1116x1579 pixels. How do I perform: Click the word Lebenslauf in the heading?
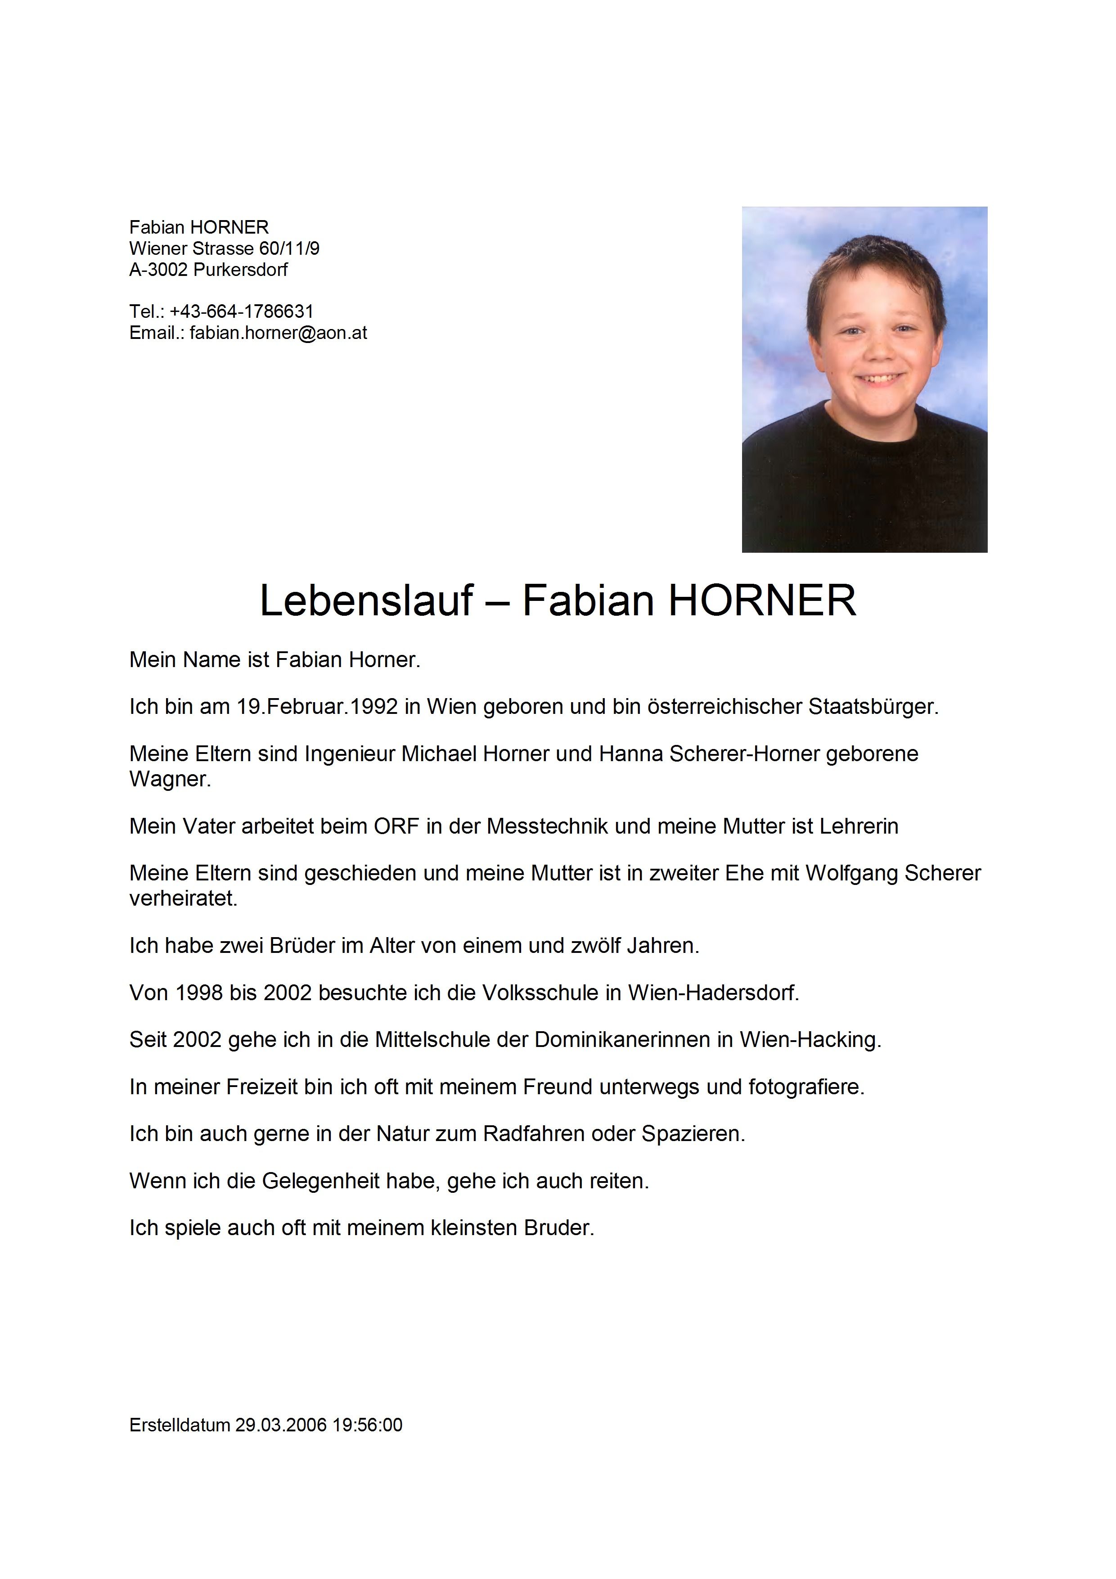pyautogui.click(x=366, y=600)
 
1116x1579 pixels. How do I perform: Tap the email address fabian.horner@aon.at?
pyautogui.click(x=278, y=333)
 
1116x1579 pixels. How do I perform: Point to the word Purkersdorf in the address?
pyautogui.click(x=241, y=270)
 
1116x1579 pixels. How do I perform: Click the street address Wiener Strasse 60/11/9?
pyautogui.click(x=224, y=248)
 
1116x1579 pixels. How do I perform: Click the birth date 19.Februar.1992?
pyautogui.click(x=318, y=706)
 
